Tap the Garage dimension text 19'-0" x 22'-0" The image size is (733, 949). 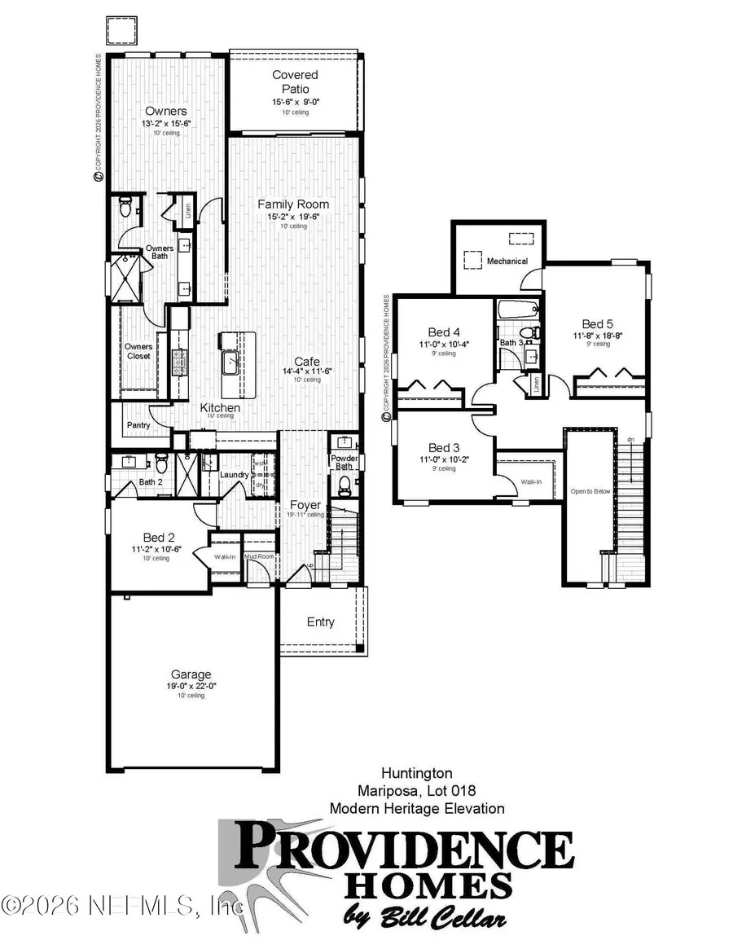pos(191,687)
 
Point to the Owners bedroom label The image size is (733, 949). pos(166,112)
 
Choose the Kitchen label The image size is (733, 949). pos(221,406)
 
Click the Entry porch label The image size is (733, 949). pos(320,622)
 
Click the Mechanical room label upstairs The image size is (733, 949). pos(507,261)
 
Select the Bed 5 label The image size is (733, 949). pos(597,323)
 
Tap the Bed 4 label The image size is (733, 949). pos(445,332)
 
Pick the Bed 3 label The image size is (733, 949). pos(445,448)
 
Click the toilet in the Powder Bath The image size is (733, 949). pos(344,486)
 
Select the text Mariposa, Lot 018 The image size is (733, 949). pos(415,790)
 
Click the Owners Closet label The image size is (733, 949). pos(138,351)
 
